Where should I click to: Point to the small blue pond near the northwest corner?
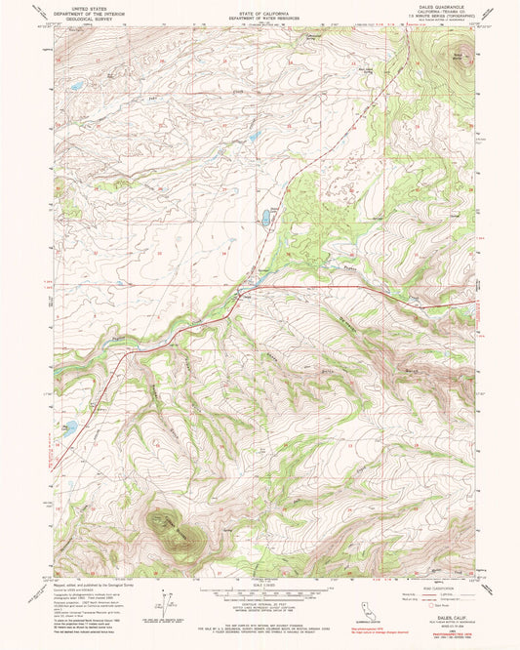coord(74,86)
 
